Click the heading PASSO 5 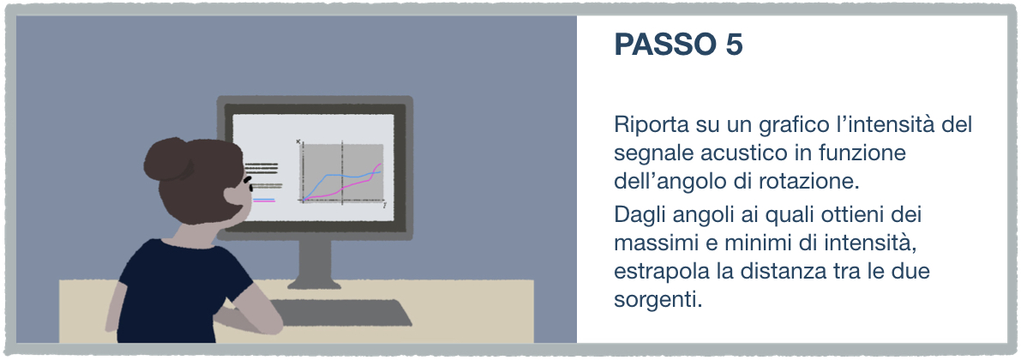[678, 45]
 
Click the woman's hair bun [163, 159]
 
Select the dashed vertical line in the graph [342, 171]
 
